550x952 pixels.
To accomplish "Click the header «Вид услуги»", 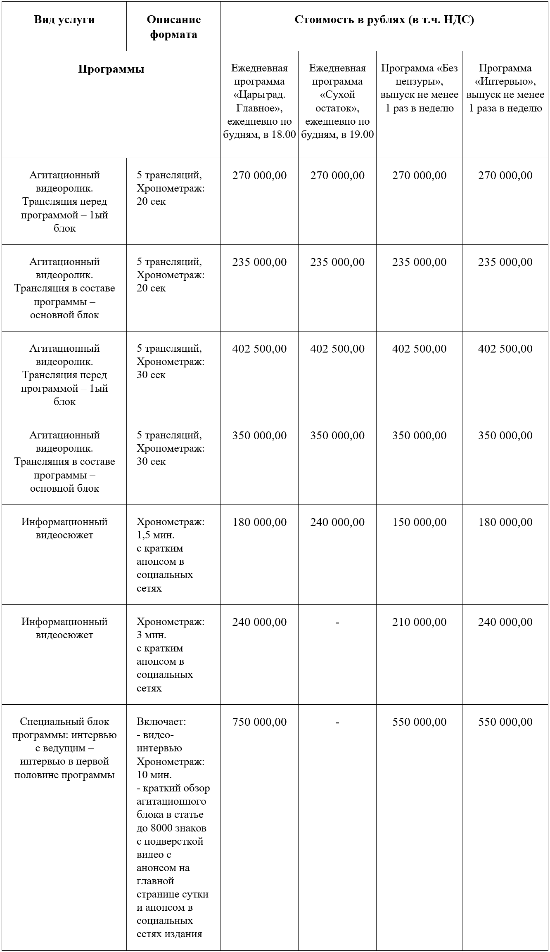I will (64, 20).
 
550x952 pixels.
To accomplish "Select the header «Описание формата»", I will (173, 27).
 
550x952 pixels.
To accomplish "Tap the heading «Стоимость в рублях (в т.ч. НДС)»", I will (384, 20).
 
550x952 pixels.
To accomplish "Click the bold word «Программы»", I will (111, 69).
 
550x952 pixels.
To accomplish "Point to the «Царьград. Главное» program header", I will (259, 101).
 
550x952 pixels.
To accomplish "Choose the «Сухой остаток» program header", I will (337, 101).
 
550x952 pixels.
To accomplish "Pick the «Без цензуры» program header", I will (419, 88).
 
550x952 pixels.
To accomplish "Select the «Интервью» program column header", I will (505, 88).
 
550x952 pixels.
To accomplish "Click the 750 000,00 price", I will (259, 722).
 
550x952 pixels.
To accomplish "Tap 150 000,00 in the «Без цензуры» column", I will (419, 522).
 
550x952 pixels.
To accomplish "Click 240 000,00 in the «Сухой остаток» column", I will (337, 522).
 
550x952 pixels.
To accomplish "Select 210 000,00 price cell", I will (419, 622).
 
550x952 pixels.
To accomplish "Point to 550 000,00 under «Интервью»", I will (505, 722).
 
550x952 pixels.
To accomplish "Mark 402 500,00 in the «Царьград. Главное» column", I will (259, 348).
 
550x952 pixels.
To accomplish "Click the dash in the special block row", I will (337, 722).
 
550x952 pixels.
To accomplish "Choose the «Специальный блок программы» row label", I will (64, 748).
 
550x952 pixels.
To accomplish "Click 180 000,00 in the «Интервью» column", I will (505, 522).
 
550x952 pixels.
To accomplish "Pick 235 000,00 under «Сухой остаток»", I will (337, 262).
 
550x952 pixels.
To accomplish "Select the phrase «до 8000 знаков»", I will (171, 828).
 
